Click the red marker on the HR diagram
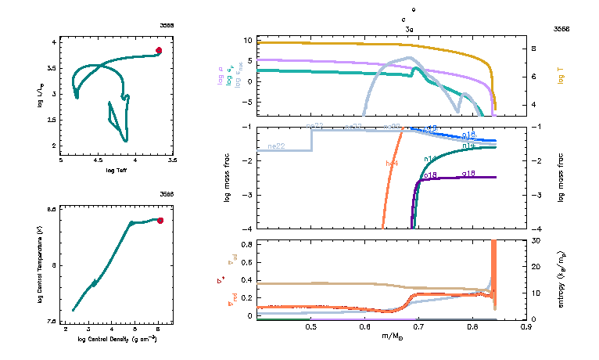[x=159, y=50]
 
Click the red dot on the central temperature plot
[x=160, y=221]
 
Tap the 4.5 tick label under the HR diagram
[x=99, y=160]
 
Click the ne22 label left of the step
[x=276, y=146]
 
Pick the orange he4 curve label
[x=392, y=163]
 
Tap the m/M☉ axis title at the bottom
[x=392, y=338]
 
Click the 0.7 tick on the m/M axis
[x=418, y=328]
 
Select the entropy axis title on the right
[x=561, y=279]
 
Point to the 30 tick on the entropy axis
[x=536, y=241]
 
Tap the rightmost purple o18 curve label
[x=469, y=173]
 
